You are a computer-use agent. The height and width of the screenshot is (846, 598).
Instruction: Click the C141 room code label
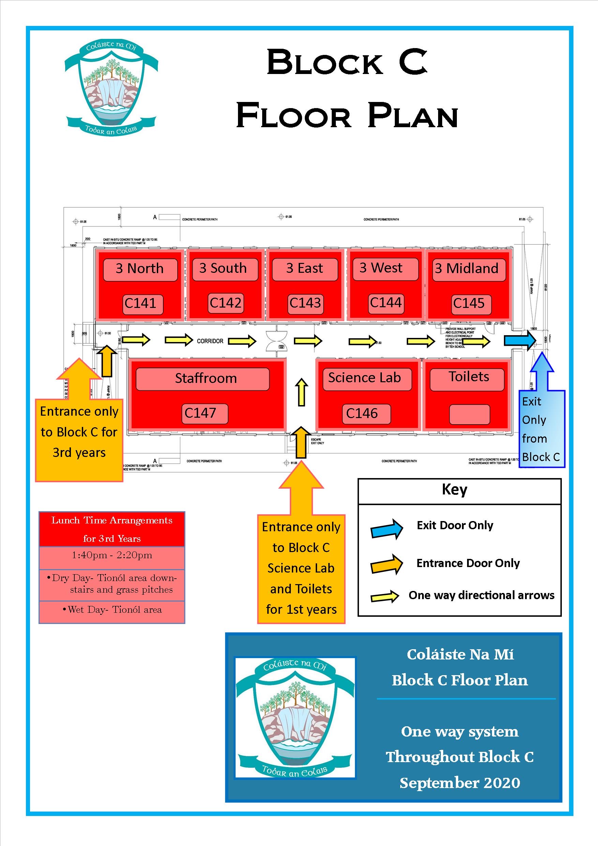click(x=140, y=303)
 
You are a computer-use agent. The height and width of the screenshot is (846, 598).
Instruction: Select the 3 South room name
click(x=223, y=268)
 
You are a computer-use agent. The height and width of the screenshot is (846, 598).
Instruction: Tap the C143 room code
click(x=305, y=303)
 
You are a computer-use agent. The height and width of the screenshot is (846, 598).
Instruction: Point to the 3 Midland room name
click(x=466, y=268)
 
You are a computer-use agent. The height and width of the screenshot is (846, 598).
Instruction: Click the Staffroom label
click(x=206, y=379)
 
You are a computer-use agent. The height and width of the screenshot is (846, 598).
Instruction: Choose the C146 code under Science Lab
click(x=362, y=413)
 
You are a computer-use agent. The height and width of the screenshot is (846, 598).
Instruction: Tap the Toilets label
click(x=469, y=377)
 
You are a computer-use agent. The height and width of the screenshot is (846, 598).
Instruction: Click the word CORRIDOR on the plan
click(x=210, y=341)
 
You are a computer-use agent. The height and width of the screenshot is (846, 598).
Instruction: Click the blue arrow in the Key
click(x=387, y=529)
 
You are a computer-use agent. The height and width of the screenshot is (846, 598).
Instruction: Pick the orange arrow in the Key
click(x=387, y=564)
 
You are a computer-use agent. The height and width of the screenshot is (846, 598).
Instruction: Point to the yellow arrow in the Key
click(x=385, y=596)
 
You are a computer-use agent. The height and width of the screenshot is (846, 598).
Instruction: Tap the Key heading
click(x=454, y=490)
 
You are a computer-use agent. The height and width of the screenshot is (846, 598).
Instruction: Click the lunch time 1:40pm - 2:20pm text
click(x=111, y=555)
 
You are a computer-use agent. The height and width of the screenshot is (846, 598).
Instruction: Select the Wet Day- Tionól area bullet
click(x=112, y=610)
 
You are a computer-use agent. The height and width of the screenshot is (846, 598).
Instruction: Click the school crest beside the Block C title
click(x=111, y=88)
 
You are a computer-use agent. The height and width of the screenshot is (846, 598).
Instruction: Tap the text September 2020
click(x=460, y=783)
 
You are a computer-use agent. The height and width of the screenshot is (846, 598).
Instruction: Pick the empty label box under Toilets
click(x=469, y=415)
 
